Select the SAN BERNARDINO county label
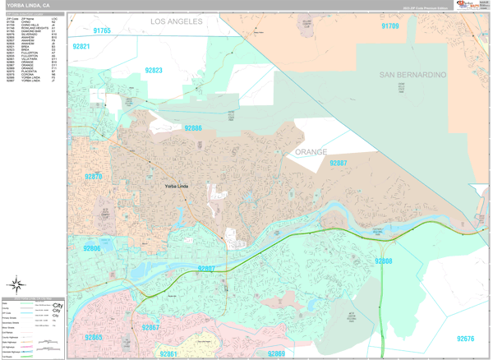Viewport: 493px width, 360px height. tap(412, 75)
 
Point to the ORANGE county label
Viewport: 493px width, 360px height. tap(311, 152)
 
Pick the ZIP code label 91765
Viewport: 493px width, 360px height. tap(102, 30)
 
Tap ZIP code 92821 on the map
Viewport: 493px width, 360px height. tap(81, 47)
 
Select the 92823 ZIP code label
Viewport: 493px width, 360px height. tap(154, 71)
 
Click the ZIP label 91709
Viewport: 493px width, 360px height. tap(390, 26)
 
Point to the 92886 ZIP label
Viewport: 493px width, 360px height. tap(193, 128)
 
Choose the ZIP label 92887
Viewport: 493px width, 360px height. tap(338, 164)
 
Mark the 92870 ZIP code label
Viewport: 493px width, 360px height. tap(93, 176)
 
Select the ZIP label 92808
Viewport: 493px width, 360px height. tap(384, 261)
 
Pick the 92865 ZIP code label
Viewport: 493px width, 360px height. tap(94, 338)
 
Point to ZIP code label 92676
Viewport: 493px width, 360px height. tap(466, 339)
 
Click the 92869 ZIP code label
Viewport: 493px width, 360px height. tap(276, 353)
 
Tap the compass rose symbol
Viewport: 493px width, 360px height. tap(15, 284)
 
